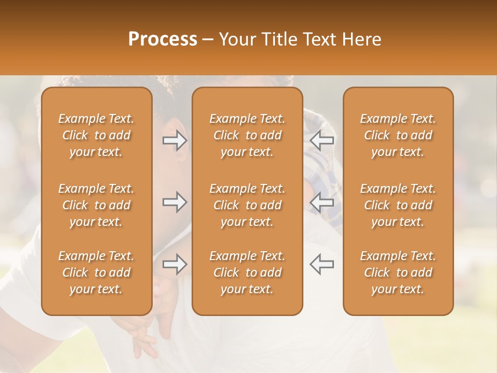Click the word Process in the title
pos(163,39)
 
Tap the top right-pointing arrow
pos(174,140)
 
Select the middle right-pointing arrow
pos(174,202)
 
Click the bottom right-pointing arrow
pos(174,265)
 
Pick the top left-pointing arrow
pos(322,140)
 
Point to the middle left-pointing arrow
pos(322,202)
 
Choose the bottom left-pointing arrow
pos(322,265)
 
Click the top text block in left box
pos(96,135)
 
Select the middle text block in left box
pos(96,205)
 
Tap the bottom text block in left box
pos(96,272)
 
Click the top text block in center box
pos(247,135)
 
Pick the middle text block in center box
pos(247,205)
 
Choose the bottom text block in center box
pos(247,272)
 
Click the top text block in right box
pos(398,135)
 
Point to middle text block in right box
pos(398,205)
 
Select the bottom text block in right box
pos(398,272)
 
